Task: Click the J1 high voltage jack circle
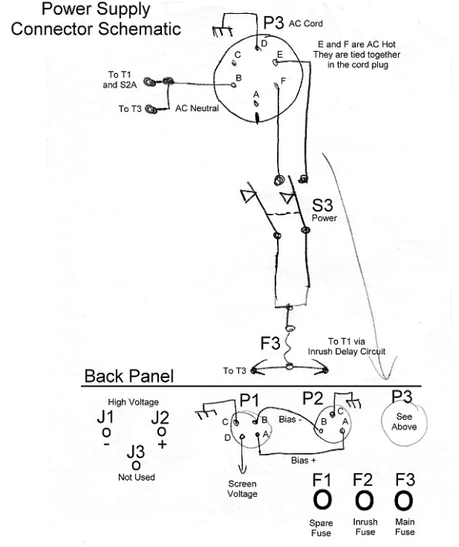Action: coord(106,433)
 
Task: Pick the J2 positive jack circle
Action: coord(161,432)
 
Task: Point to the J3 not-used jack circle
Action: coord(136,465)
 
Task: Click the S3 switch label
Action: coord(322,205)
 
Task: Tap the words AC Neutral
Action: coord(197,108)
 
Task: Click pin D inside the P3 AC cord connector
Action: coord(257,48)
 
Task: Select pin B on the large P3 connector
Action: coord(234,84)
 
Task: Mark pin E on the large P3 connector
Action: coord(275,62)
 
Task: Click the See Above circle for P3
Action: coord(383,423)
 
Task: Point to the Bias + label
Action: coord(303,460)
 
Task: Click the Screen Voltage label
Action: coord(242,488)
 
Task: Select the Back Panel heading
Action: coord(129,376)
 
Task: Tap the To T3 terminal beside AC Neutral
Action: coord(151,110)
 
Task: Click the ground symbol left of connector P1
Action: coord(204,414)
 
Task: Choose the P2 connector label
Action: coord(313,398)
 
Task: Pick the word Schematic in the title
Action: coord(139,29)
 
